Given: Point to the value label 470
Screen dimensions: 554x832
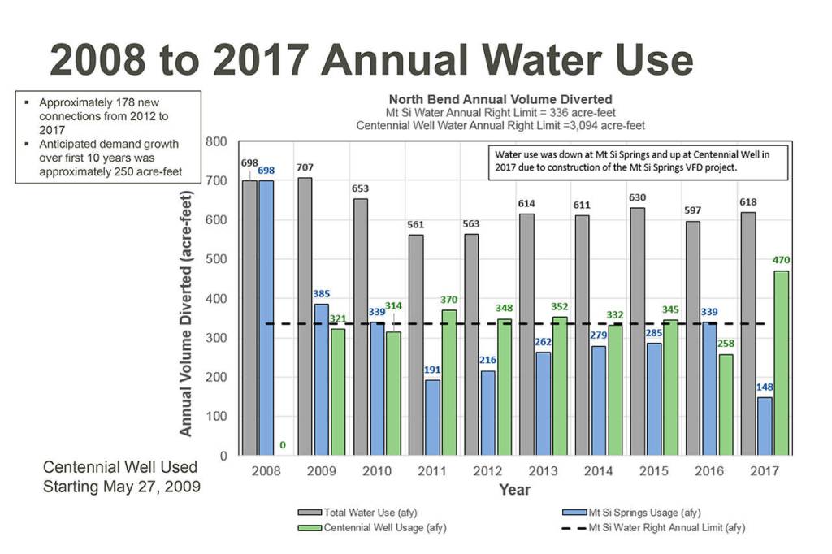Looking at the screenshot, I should point(781,261).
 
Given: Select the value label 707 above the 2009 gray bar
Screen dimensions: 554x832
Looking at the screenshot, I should point(305,168).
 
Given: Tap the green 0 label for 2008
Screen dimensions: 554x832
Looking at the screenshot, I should point(283,445).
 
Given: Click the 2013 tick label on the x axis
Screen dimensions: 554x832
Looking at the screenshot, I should point(544,471).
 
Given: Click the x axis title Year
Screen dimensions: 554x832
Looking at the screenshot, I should point(515,490).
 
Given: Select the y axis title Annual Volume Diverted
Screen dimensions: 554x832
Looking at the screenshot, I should point(186,314).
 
